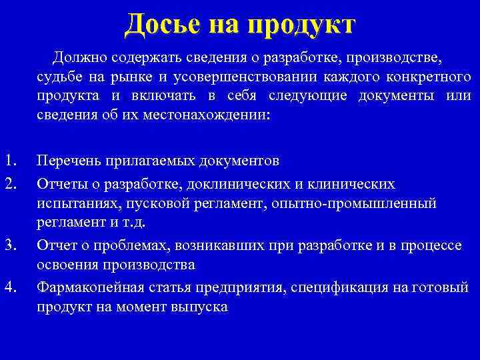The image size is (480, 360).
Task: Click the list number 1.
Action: [10, 161]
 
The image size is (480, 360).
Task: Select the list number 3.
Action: [10, 245]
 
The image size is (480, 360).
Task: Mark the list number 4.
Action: [10, 287]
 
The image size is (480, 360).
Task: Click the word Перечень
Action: [69, 161]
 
